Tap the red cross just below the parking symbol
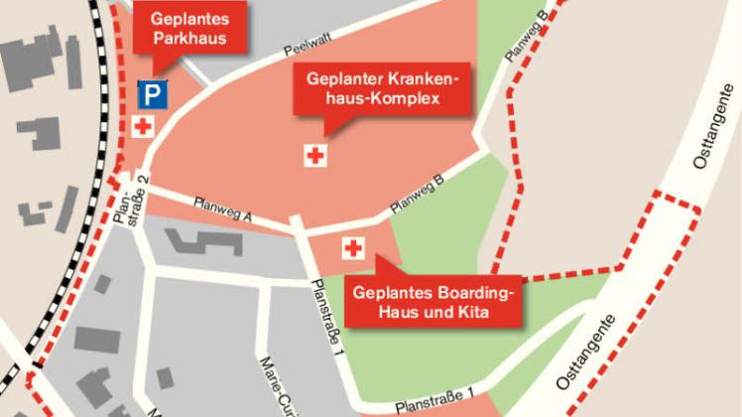tap(144, 126)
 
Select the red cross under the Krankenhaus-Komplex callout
tap(316, 155)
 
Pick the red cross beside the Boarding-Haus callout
tap(353, 248)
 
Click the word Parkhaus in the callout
tap(189, 40)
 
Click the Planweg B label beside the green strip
tap(525, 38)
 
